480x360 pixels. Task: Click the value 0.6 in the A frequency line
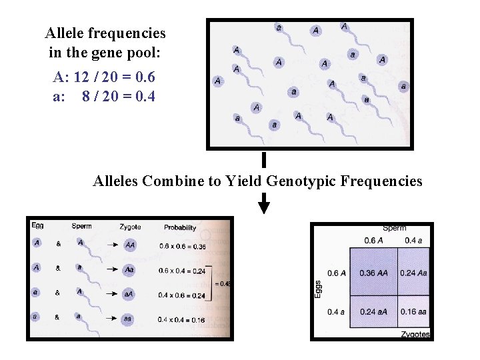coord(144,78)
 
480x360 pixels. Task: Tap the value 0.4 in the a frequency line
coord(144,97)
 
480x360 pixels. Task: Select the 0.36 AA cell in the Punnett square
coord(373,273)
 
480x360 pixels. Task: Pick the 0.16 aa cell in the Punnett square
coord(413,311)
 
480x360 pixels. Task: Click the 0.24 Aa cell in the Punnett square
coord(413,273)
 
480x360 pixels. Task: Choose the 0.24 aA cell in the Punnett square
coord(373,311)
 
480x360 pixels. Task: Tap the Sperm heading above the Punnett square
coord(395,228)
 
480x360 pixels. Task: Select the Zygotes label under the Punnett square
coord(415,334)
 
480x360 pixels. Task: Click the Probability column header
coord(180,227)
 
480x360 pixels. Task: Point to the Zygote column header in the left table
coord(130,227)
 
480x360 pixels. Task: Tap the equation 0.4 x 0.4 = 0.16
coord(182,319)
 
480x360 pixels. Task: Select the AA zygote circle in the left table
coord(130,245)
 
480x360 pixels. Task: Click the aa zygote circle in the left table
coord(128,319)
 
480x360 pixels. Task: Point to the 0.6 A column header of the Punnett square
coord(373,241)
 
